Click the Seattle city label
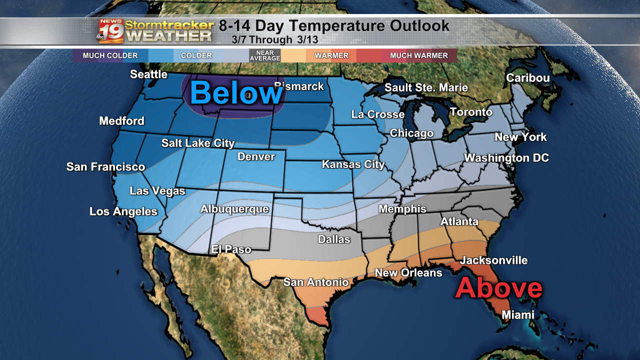(148, 74)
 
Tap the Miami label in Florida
(518, 315)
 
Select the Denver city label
(256, 157)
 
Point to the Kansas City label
(353, 164)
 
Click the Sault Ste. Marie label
(426, 88)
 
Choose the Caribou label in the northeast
(527, 78)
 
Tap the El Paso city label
(231, 249)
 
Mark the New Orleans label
(408, 273)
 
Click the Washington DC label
(506, 158)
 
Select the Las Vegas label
(157, 191)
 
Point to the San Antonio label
(316, 282)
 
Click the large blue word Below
(236, 93)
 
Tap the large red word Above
(498, 288)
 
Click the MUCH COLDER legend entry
(110, 55)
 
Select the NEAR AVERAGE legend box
(264, 55)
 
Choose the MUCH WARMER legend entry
(418, 55)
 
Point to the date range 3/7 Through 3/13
(274, 40)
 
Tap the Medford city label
(121, 121)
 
